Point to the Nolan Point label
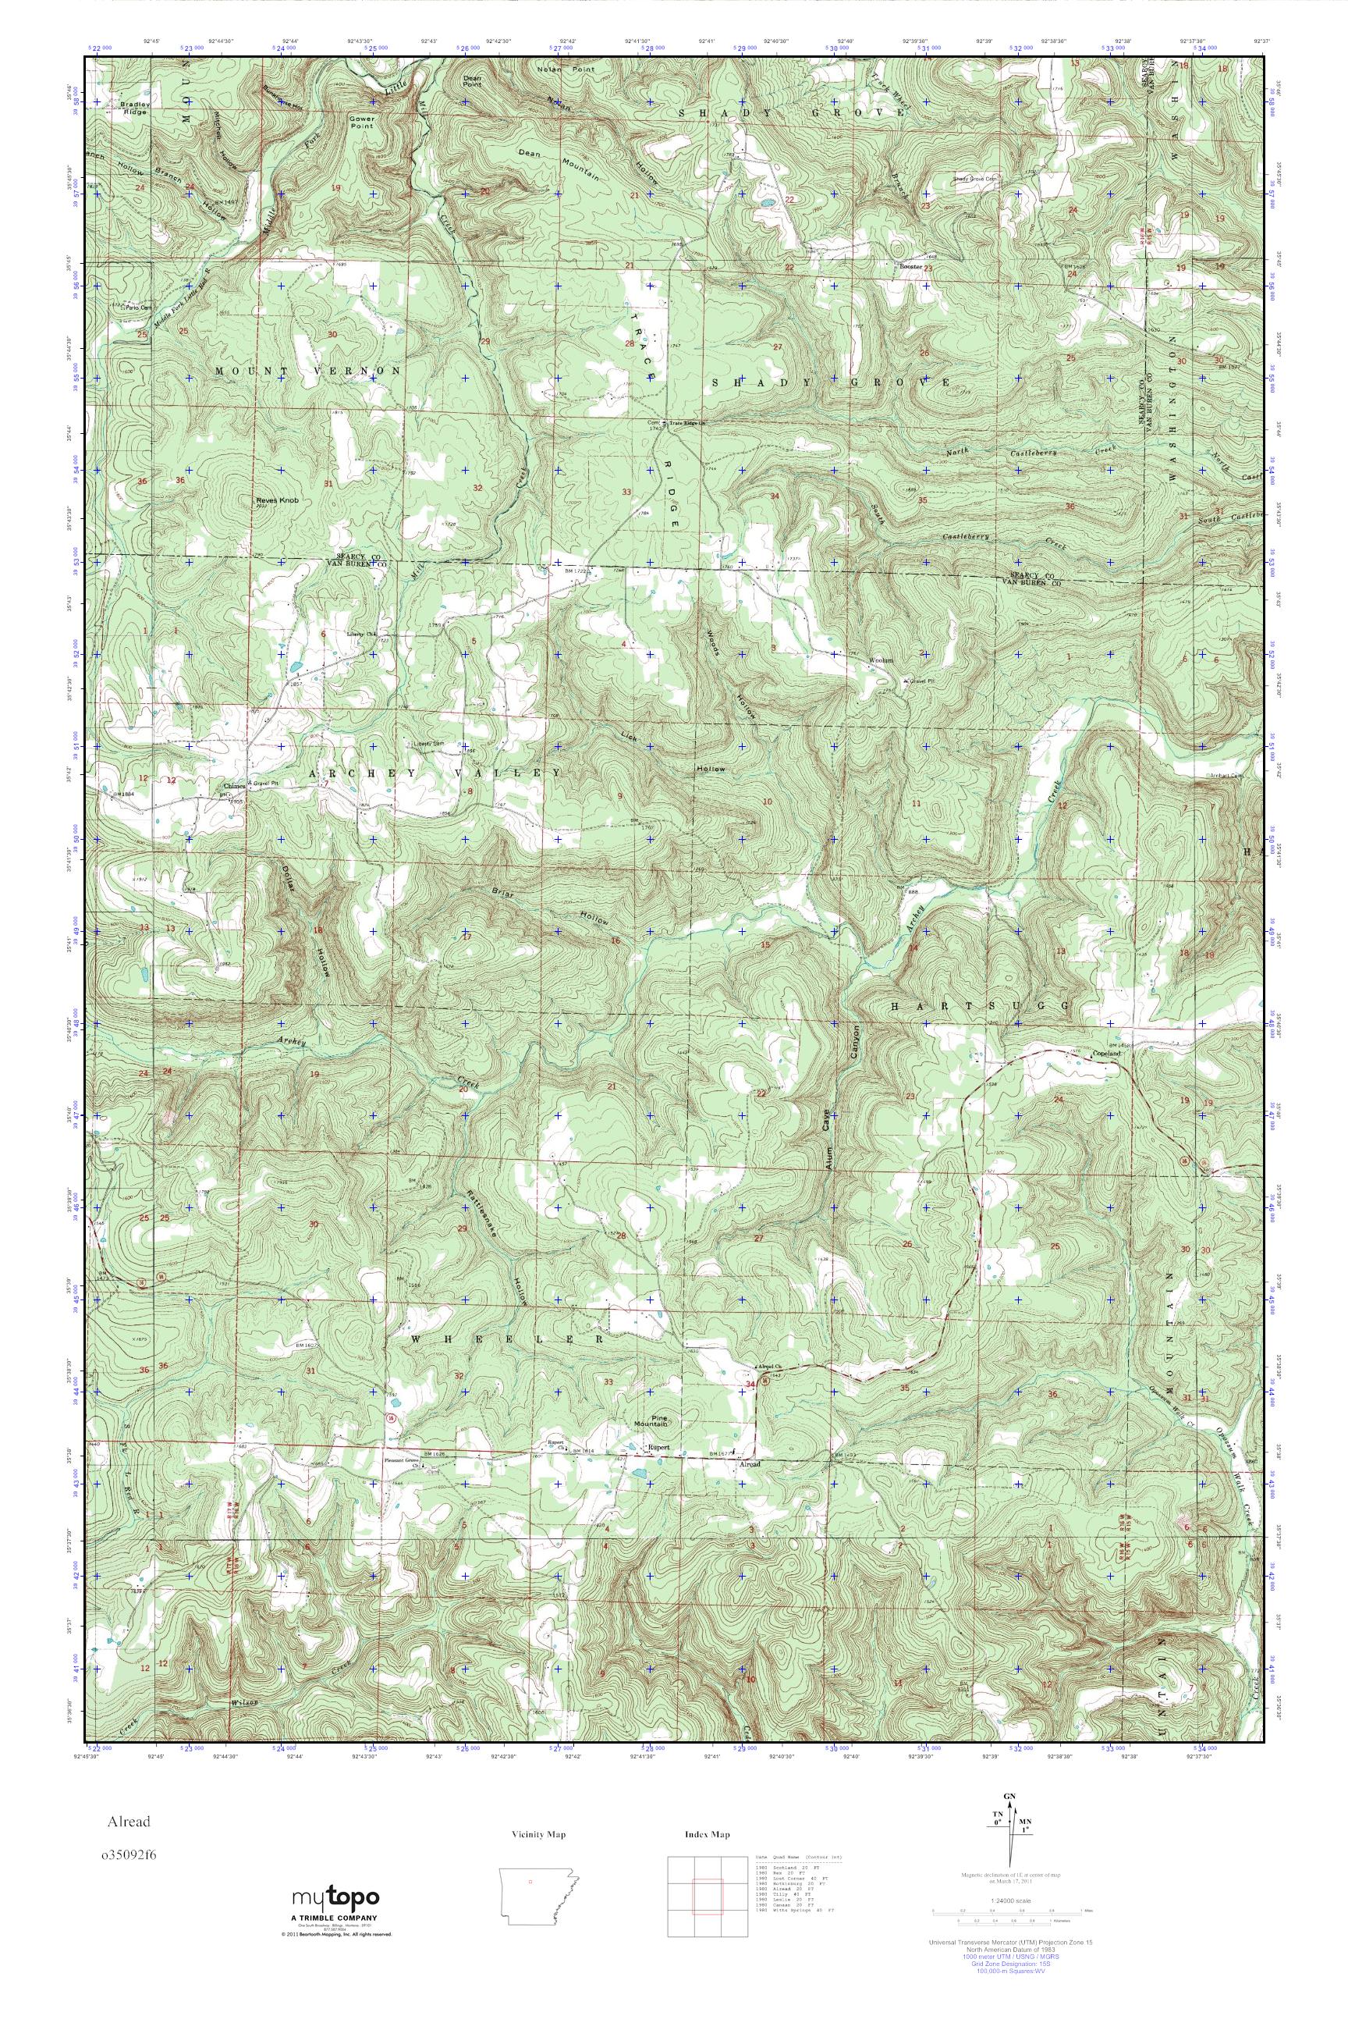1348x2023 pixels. point(559,68)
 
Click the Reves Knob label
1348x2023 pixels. point(276,500)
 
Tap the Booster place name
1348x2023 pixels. point(910,268)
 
